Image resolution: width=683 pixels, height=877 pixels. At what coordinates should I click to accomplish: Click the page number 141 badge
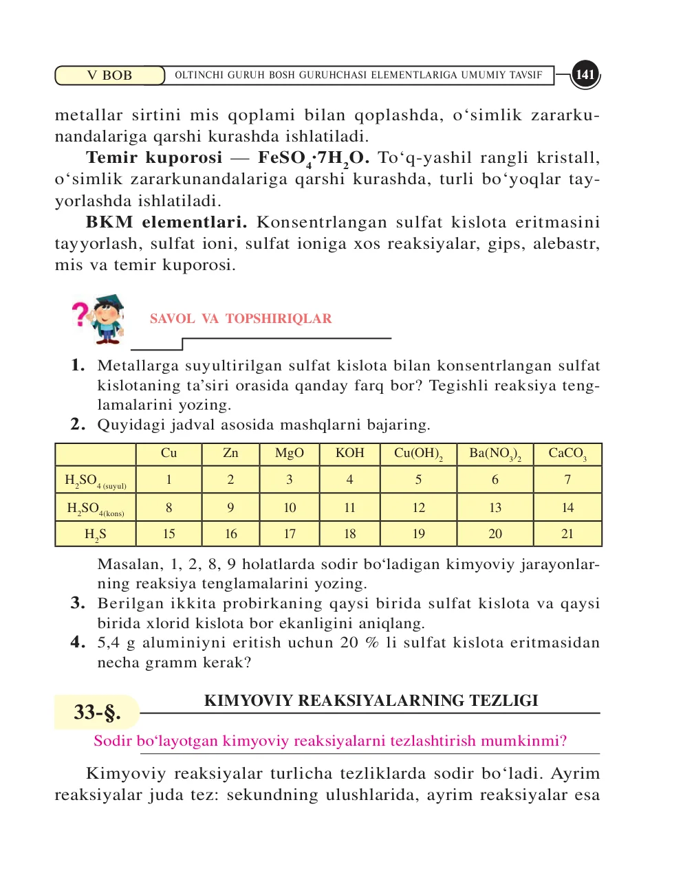pos(585,75)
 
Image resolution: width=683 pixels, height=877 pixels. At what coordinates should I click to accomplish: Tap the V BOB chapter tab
pos(109,76)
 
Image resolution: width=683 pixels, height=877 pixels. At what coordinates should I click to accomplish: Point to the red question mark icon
pos(81,314)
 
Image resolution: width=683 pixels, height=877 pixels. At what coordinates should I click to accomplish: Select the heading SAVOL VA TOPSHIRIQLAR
pos(241,319)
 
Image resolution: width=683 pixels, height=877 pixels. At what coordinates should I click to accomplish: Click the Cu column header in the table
pos(169,454)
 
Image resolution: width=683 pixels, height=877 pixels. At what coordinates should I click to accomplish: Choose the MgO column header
pos(289,454)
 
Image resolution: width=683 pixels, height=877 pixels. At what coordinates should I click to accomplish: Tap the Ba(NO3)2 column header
pos(495,454)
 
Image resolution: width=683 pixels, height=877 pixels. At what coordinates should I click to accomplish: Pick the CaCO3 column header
pos(567,454)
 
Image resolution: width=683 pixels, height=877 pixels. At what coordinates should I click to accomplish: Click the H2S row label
pos(96,534)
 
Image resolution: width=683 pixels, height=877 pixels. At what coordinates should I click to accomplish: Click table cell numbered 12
pos(418,508)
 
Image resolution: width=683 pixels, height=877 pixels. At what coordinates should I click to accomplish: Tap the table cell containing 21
pos(567,534)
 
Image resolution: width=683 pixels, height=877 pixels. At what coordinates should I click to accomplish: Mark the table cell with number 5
pos(418,480)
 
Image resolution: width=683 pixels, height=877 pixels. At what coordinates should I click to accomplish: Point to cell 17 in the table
pos(290,534)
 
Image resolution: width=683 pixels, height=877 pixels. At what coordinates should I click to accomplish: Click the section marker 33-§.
pos(97,712)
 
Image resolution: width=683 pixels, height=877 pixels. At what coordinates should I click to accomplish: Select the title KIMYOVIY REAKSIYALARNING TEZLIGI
pos(371,701)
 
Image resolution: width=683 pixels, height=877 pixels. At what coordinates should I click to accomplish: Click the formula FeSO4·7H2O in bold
pos(314,159)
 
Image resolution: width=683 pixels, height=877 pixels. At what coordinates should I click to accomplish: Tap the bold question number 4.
pos(78,643)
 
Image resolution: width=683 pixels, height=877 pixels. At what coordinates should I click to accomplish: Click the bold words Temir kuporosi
pos(154,158)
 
